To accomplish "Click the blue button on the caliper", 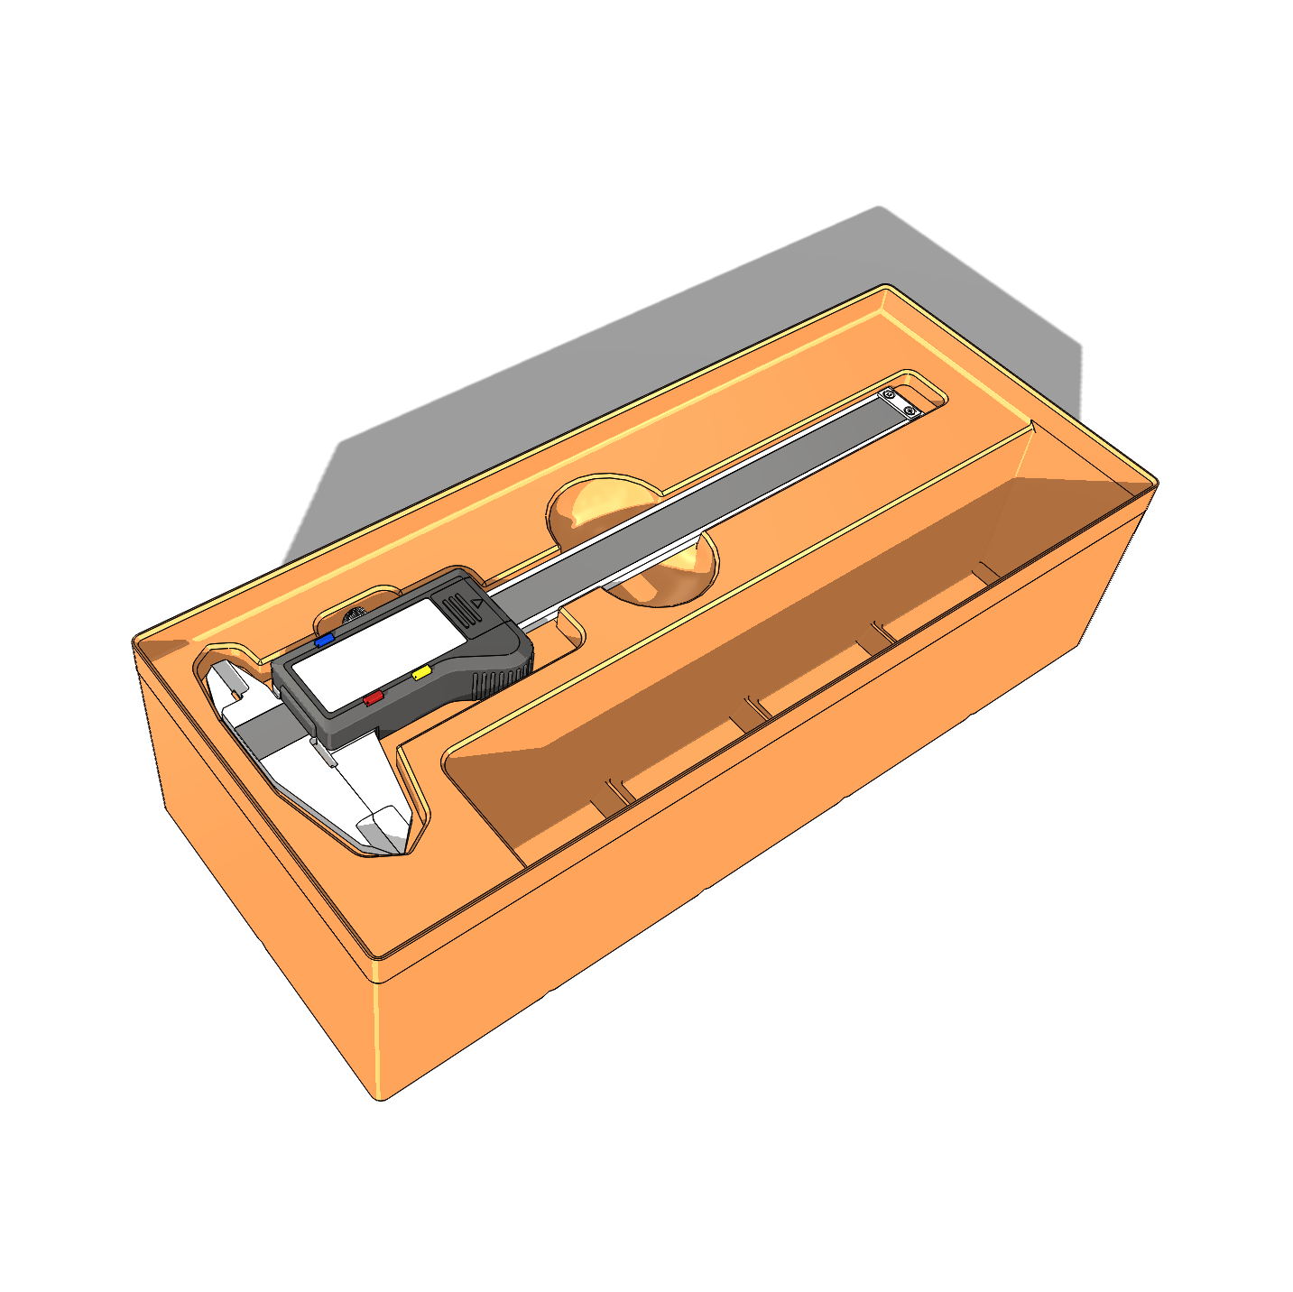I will [323, 640].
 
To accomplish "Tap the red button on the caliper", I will [373, 697].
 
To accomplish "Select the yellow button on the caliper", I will [420, 672].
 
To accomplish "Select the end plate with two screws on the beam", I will [899, 403].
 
